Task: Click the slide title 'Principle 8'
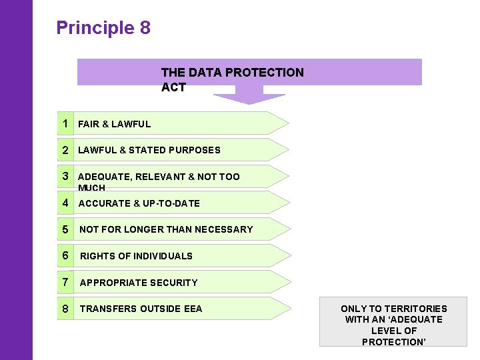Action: (103, 28)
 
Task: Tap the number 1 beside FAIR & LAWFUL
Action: (65, 123)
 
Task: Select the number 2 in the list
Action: (65, 150)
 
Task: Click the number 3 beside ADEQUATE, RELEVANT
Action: (65, 176)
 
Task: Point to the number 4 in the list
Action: (65, 203)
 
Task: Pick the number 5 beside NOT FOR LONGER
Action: (65, 229)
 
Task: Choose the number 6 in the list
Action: (65, 255)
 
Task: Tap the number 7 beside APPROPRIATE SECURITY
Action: (65, 282)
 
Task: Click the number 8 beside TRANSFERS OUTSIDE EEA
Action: (65, 309)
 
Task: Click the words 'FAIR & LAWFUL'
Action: (114, 124)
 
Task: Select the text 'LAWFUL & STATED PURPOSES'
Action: (149, 150)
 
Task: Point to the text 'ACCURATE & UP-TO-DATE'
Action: (139, 203)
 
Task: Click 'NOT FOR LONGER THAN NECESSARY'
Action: (166, 229)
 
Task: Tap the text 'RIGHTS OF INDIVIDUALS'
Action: (136, 256)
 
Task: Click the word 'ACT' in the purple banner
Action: (173, 87)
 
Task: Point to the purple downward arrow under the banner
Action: (249, 98)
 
